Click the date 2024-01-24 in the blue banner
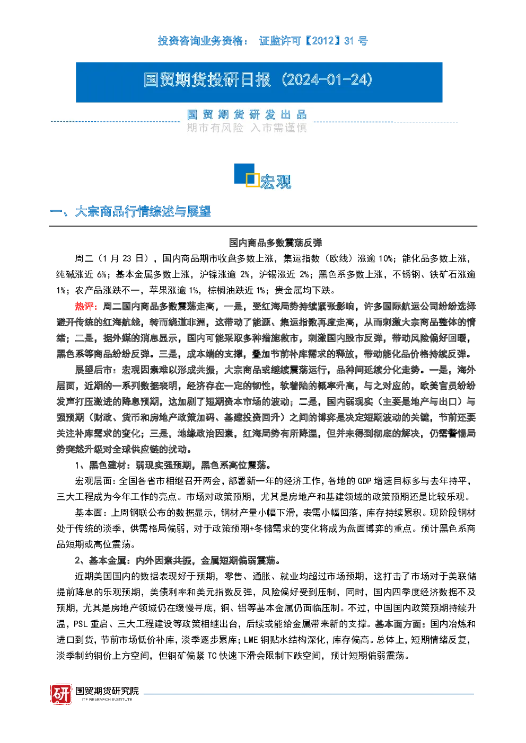pos(327,80)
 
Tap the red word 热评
pos(84,306)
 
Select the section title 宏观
pos(276,182)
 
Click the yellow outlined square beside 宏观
pos(252,180)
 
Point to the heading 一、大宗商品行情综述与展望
pos(130,212)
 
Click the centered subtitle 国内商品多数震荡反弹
pos(276,243)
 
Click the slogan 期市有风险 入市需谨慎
pos(247,128)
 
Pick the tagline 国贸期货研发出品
pos(247,115)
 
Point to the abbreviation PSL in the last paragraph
pos(81,624)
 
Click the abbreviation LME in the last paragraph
pos(251,640)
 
